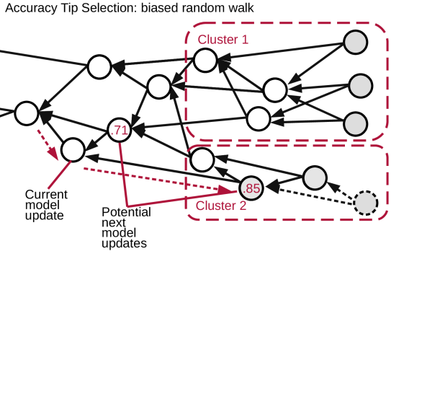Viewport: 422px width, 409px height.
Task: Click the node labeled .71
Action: (x=120, y=131)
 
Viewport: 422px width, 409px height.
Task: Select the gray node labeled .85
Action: (x=251, y=189)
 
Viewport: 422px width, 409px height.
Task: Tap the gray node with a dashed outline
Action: (x=366, y=203)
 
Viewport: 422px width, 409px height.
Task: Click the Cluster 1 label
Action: (x=223, y=40)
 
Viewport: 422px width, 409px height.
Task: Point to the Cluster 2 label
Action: (x=221, y=206)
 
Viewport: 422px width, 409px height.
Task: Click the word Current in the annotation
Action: (x=46, y=195)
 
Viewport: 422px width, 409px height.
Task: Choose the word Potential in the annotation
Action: (x=126, y=213)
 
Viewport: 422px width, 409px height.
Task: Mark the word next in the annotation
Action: (x=113, y=223)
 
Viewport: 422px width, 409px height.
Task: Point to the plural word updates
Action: (x=124, y=244)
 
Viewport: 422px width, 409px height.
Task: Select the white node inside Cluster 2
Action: (x=202, y=159)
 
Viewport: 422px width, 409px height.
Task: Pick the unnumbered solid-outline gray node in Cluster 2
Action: (x=315, y=177)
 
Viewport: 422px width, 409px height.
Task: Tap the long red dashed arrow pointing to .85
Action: (x=158, y=180)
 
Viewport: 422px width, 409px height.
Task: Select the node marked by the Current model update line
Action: (x=73, y=149)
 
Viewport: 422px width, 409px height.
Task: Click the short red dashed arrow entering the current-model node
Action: (x=48, y=143)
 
